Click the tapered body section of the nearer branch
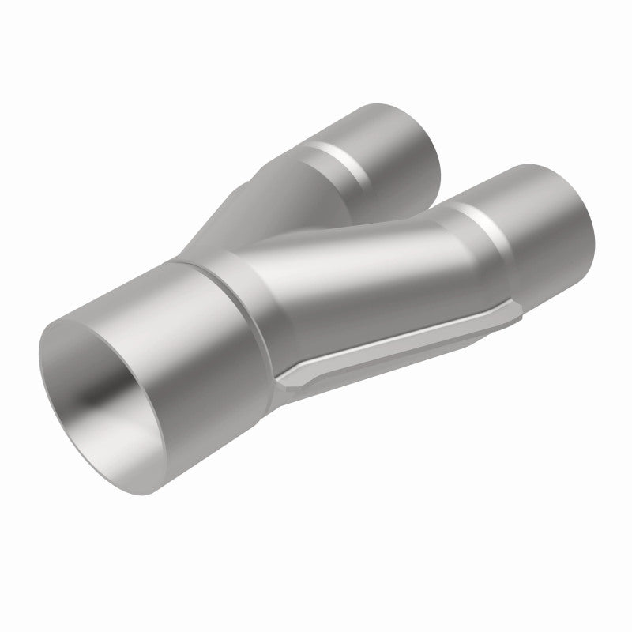point(355,269)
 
